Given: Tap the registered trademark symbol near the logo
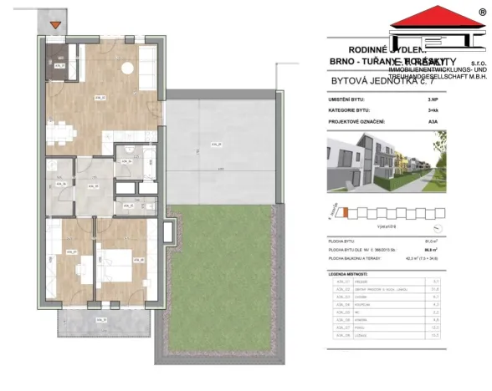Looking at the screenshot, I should coord(481,12).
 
